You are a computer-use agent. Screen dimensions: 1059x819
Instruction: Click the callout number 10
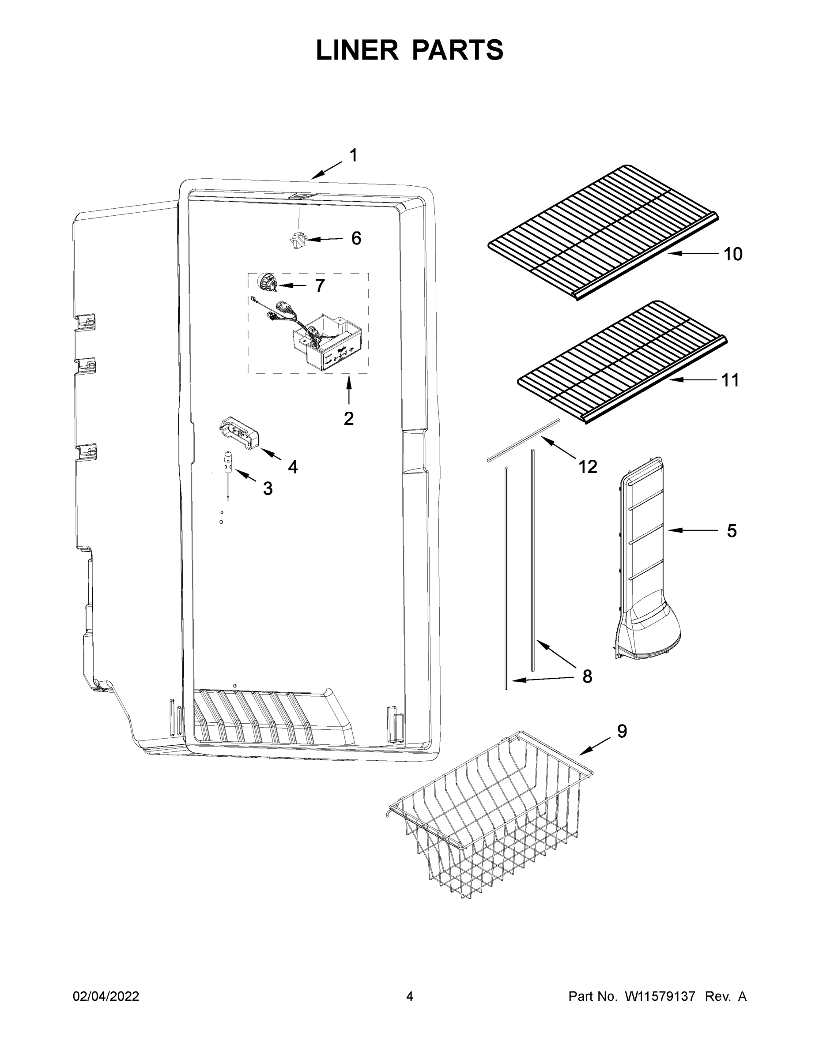(x=732, y=254)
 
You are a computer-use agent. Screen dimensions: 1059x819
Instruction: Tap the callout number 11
(x=730, y=380)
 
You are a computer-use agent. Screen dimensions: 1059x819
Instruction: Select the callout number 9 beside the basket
(x=622, y=731)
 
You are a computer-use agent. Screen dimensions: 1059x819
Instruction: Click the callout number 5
(x=731, y=531)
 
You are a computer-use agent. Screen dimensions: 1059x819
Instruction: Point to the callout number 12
(x=587, y=466)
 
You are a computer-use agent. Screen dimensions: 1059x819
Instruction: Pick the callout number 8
(x=587, y=676)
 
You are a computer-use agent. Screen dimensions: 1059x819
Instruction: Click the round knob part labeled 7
(x=266, y=282)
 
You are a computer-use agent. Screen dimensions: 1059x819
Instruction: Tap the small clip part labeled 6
(x=298, y=240)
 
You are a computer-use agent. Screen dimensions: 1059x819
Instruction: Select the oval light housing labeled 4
(x=239, y=432)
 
